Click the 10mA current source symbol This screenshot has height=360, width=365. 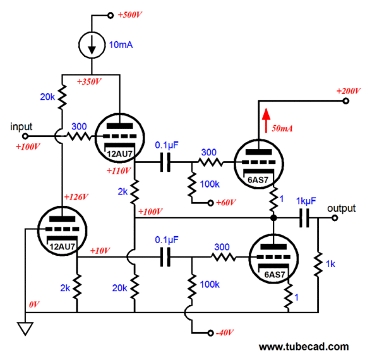click(92, 45)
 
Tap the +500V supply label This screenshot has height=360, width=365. click(129, 15)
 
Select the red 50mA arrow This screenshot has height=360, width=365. click(266, 121)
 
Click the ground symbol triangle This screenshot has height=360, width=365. click(25, 328)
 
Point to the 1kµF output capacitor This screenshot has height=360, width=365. click(304, 218)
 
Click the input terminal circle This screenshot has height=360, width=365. click(25, 136)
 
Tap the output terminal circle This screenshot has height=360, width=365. click(335, 218)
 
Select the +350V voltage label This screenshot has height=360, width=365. click(89, 81)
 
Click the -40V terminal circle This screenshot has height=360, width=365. click(210, 333)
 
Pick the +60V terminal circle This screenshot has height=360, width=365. click(210, 203)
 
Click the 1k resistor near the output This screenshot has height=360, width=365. click(318, 264)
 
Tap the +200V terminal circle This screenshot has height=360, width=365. click(346, 101)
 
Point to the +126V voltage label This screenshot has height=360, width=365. click(76, 197)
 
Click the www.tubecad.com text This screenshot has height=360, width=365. click(304, 347)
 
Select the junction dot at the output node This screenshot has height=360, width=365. click(273, 218)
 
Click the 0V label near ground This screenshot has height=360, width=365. click(34, 304)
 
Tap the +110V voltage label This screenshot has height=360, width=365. click(119, 171)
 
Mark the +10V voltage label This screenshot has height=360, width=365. click(100, 251)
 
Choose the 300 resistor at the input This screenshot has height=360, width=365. click(79, 136)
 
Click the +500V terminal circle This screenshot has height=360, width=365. click(111, 16)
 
